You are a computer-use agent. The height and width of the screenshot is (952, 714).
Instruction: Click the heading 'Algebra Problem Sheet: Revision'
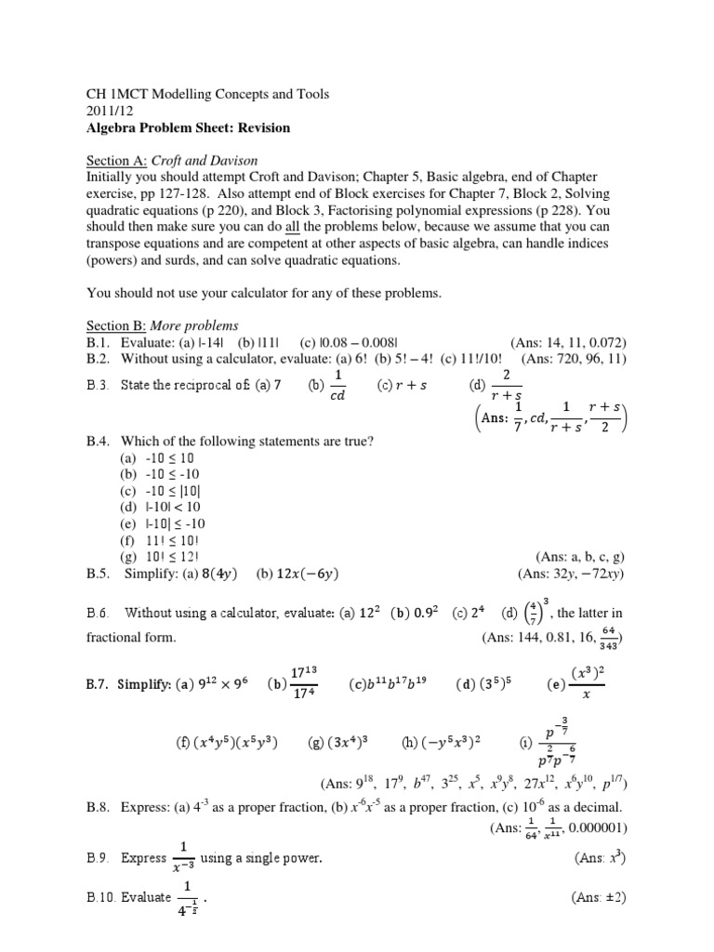pyautogui.click(x=188, y=127)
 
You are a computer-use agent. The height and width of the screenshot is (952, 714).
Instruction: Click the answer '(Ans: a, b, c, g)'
pyautogui.click(x=572, y=558)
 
